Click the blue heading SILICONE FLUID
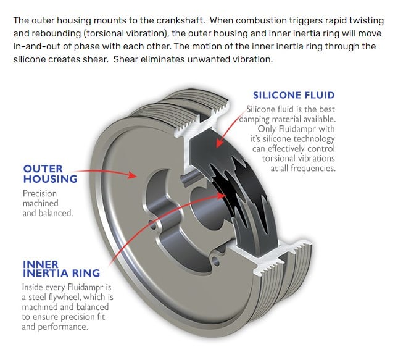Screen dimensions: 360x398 pyautogui.click(x=294, y=95)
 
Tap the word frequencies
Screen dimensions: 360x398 pyautogui.click(x=312, y=169)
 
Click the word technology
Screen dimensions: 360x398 pyautogui.click(x=311, y=139)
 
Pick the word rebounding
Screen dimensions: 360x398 pyautogui.click(x=59, y=33)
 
